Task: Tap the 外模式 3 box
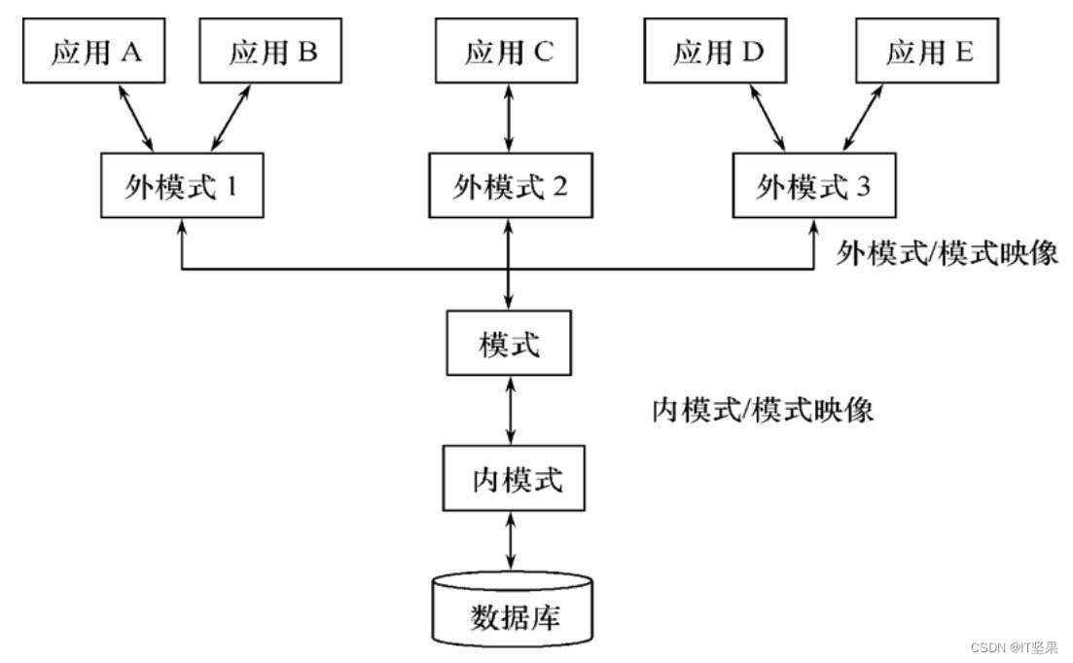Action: pos(813,186)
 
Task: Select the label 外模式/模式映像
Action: pos(947,254)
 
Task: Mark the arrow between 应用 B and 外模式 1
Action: pos(232,117)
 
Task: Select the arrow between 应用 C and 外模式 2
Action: pos(509,117)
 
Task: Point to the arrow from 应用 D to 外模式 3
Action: pos(769,117)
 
